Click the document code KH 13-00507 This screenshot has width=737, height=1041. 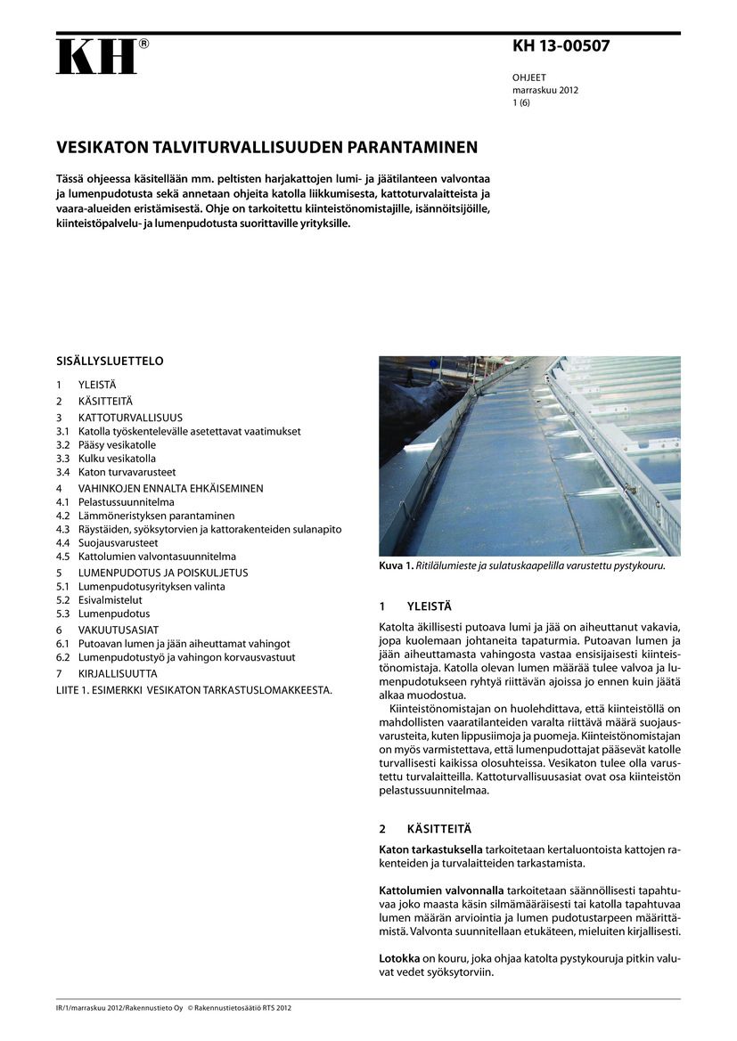[561, 46]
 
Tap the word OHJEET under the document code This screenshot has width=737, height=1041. [528, 77]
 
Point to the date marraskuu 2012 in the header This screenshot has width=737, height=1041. [545, 90]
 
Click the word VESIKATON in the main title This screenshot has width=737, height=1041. [100, 147]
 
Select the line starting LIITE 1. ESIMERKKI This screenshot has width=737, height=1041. [193, 689]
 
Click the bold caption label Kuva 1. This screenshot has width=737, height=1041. [396, 565]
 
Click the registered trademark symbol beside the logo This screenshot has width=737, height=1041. [143, 43]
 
